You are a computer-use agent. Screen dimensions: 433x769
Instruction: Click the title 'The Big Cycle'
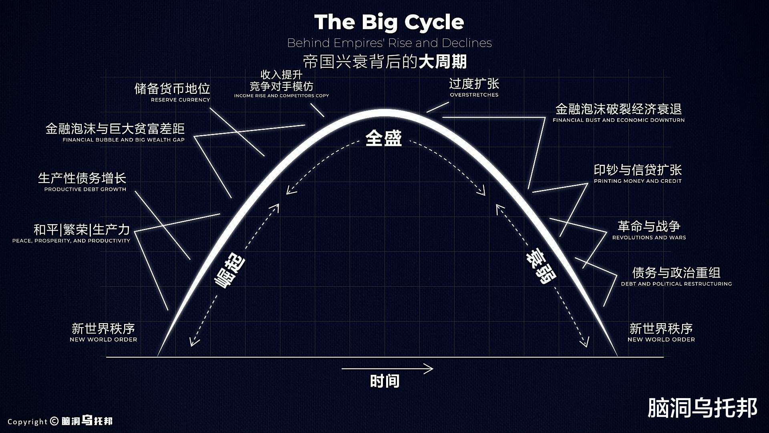[x=389, y=22]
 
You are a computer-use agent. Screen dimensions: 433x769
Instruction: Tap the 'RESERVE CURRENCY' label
[x=180, y=100]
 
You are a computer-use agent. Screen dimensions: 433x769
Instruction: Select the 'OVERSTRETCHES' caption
[x=474, y=95]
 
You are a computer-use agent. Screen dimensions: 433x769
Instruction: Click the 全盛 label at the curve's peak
[x=383, y=138]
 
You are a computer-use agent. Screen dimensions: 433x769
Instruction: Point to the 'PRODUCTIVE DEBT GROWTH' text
[x=85, y=189]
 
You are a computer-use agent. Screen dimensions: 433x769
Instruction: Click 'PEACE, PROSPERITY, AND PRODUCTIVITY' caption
[x=71, y=241]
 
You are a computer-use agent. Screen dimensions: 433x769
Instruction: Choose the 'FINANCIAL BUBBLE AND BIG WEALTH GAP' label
[x=123, y=140]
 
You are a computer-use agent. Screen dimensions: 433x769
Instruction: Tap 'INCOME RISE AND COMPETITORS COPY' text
[x=281, y=96]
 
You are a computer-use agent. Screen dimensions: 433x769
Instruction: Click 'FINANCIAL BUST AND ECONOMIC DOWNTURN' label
[x=618, y=120]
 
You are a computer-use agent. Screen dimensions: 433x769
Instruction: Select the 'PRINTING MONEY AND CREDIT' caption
[x=637, y=181]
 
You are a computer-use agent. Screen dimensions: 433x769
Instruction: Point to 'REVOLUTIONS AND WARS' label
[x=649, y=238]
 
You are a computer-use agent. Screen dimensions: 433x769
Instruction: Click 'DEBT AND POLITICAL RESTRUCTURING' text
[x=676, y=284]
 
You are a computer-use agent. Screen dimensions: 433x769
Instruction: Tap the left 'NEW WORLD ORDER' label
[x=103, y=340]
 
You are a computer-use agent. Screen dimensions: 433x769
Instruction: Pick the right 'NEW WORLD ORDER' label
[x=661, y=340]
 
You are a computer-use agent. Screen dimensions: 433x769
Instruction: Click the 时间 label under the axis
[x=384, y=381]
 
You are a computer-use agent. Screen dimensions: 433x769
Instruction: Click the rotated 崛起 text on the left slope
[x=229, y=272]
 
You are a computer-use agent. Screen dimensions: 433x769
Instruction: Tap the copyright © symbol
[x=54, y=421]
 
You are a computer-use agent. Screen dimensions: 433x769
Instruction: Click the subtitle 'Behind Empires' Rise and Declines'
[x=389, y=43]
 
